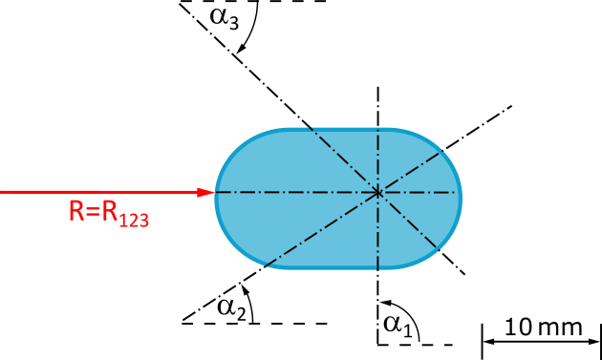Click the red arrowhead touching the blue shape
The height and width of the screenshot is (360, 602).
click(205, 192)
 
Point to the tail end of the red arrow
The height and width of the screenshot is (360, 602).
click(2, 192)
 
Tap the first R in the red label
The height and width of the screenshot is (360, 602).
click(76, 211)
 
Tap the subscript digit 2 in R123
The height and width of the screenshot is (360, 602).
click(135, 220)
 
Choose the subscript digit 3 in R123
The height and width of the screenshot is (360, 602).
click(144, 220)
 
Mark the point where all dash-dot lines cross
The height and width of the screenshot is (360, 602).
click(378, 193)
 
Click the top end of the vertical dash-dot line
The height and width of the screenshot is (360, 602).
click(378, 128)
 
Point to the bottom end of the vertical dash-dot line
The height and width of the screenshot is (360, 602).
click(378, 269)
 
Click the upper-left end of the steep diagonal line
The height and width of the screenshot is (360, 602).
click(309, 127)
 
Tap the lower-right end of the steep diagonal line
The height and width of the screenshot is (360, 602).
click(439, 248)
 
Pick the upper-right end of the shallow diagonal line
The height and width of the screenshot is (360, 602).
click(444, 151)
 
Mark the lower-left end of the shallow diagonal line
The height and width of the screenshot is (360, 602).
click(264, 265)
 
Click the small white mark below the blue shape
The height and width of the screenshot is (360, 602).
click(249, 307)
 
